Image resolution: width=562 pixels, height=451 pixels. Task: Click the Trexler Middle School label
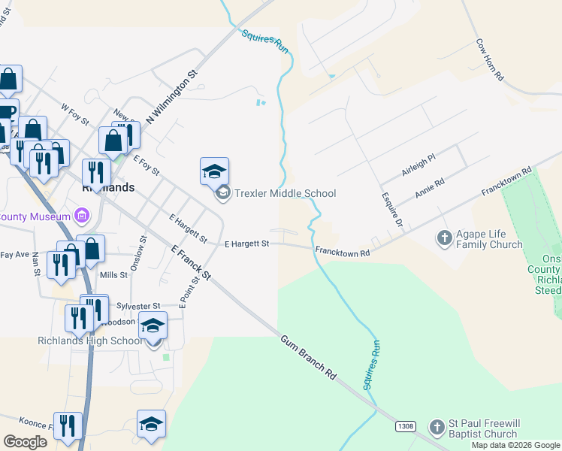pos(285,193)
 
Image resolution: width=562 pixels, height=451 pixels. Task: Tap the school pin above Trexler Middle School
pos(214,171)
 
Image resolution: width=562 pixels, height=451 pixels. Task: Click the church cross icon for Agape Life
pos(444,238)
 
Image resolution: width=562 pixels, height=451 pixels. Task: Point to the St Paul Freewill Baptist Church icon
pos(437,428)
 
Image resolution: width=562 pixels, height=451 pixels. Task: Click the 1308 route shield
pos(405,426)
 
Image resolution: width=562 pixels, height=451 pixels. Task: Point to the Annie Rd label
pos(430,188)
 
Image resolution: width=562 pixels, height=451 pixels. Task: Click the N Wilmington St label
pos(171,98)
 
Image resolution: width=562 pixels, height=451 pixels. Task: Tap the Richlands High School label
pos(89,341)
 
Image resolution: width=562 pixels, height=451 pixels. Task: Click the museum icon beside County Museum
pos(83,217)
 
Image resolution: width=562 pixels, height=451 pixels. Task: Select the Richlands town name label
pos(107,188)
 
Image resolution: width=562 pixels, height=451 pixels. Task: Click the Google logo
pos(25,442)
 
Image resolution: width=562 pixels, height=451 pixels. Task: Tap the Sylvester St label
pos(139,306)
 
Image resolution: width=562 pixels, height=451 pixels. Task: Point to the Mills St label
pos(113,275)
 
